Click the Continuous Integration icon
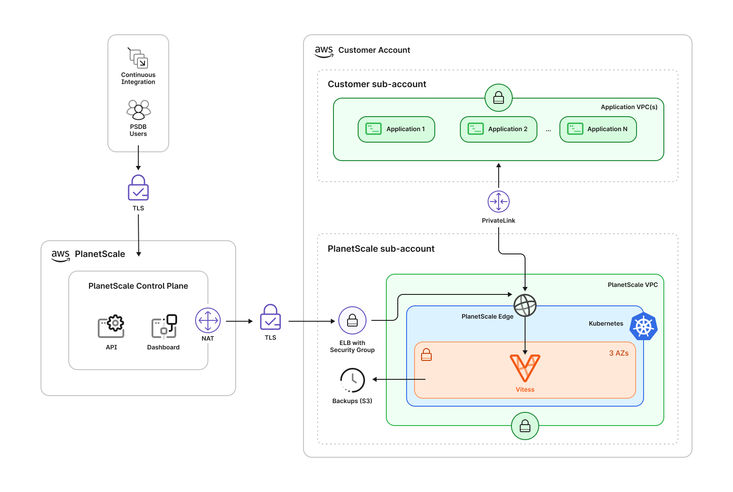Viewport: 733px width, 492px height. click(x=138, y=58)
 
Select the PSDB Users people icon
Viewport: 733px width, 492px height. click(x=138, y=110)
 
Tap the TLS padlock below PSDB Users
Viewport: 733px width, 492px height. click(x=138, y=188)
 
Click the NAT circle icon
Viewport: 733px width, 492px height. click(x=208, y=320)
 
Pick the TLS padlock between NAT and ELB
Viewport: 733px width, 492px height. click(x=270, y=317)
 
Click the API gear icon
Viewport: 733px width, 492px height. click(x=111, y=327)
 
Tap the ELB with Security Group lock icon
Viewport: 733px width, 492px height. click(x=352, y=320)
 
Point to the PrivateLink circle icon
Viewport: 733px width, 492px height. click(x=499, y=202)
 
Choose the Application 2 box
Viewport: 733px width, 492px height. click(x=498, y=129)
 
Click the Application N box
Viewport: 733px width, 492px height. click(x=598, y=129)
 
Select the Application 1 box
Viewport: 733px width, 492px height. click(x=396, y=129)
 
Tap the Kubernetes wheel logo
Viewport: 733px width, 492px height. click(x=644, y=327)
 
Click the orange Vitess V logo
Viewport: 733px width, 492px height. click(x=525, y=368)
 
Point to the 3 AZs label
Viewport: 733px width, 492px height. click(x=618, y=353)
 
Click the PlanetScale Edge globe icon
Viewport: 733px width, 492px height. click(x=525, y=305)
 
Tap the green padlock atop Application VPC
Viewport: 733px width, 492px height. click(x=499, y=98)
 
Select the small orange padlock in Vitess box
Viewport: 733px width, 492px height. click(x=426, y=355)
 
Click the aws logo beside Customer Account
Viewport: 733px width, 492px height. click(x=324, y=51)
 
